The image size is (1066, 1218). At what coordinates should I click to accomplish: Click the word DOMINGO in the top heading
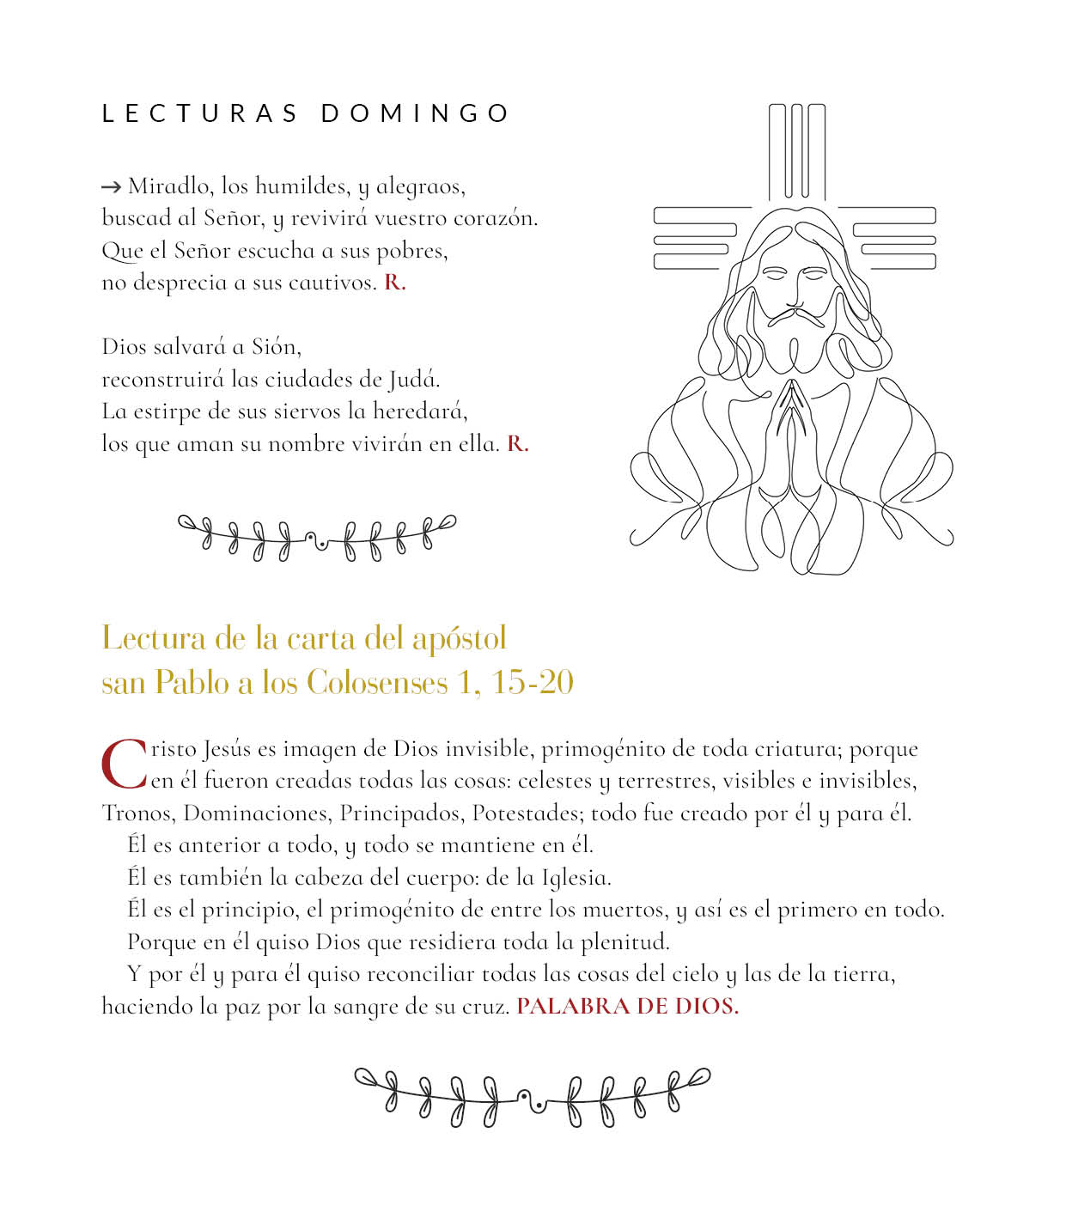[x=416, y=113]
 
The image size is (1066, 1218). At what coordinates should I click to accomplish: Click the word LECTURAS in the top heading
[x=200, y=113]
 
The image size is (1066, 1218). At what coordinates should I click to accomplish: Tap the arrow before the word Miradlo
[x=111, y=186]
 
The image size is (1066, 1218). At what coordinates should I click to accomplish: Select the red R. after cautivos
[x=394, y=283]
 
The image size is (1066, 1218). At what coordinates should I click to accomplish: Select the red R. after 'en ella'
[x=517, y=444]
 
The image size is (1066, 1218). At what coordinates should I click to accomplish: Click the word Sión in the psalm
[x=276, y=347]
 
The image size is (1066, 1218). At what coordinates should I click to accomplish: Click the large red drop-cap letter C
[x=125, y=764]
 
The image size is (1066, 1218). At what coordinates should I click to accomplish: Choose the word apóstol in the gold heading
[x=459, y=638]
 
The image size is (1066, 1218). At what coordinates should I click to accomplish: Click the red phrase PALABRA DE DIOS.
[x=627, y=1007]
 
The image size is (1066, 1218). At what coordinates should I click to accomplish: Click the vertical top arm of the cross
[x=796, y=150]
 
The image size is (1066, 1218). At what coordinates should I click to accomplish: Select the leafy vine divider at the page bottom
[x=533, y=1095]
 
